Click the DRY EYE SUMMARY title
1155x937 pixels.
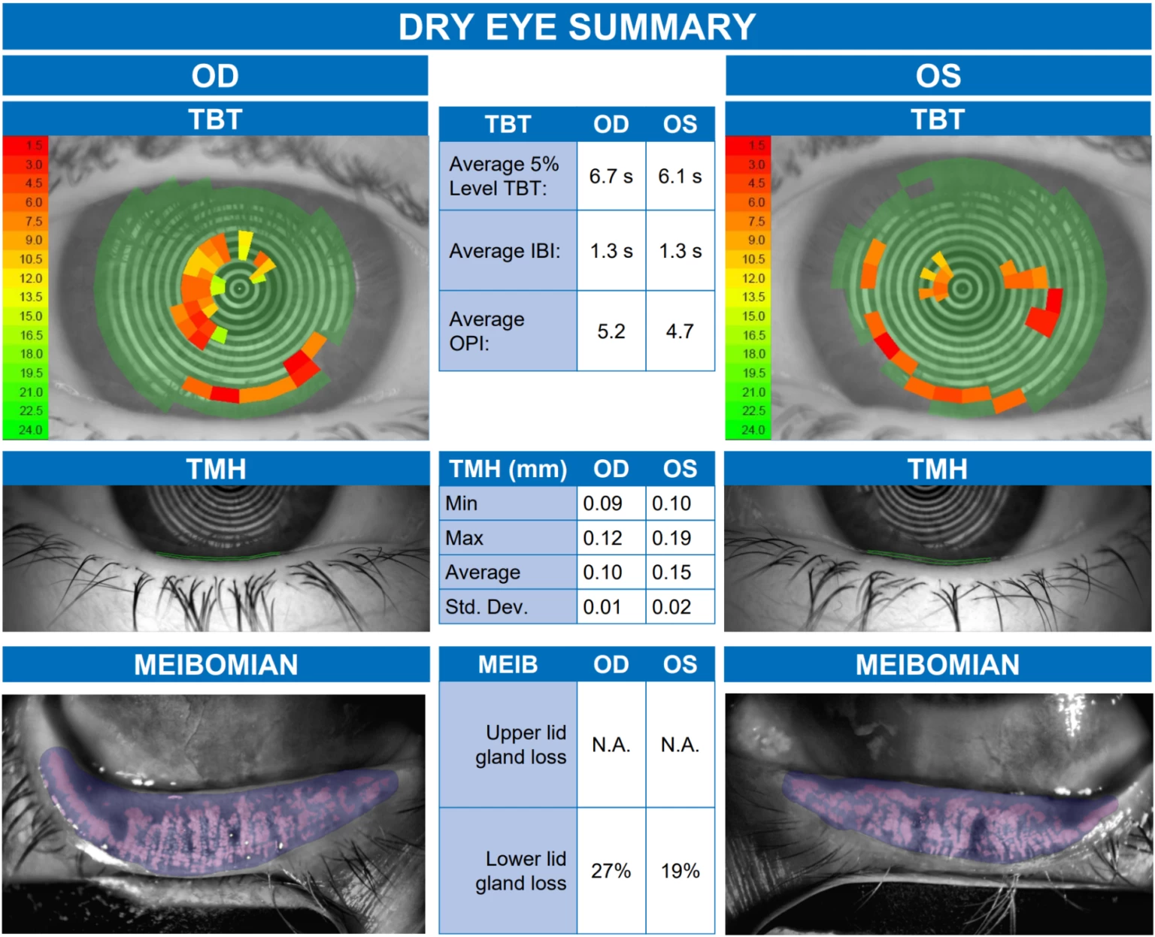coord(577,27)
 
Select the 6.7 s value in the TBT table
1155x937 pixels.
coord(611,177)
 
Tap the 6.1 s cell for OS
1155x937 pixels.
coord(680,177)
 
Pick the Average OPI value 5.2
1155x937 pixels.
coord(611,331)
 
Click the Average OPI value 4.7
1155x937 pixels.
coord(680,331)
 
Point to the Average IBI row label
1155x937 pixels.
coord(505,251)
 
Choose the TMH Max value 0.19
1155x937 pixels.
coord(671,538)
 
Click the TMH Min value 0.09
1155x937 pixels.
coord(602,503)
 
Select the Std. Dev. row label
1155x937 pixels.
coord(487,606)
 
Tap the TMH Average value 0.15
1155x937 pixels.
coord(671,573)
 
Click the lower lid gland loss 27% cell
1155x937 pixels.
coord(611,871)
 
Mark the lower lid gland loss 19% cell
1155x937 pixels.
coord(680,871)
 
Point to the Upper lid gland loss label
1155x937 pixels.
coord(520,745)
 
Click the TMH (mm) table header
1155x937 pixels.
coord(508,469)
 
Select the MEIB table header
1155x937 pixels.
coord(508,664)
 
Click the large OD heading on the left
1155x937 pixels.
coord(215,76)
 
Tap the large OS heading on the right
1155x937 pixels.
coord(938,76)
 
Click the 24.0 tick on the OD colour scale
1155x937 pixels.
coord(31,431)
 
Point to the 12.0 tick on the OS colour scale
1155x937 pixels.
coord(753,278)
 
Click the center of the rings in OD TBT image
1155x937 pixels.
coord(240,288)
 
